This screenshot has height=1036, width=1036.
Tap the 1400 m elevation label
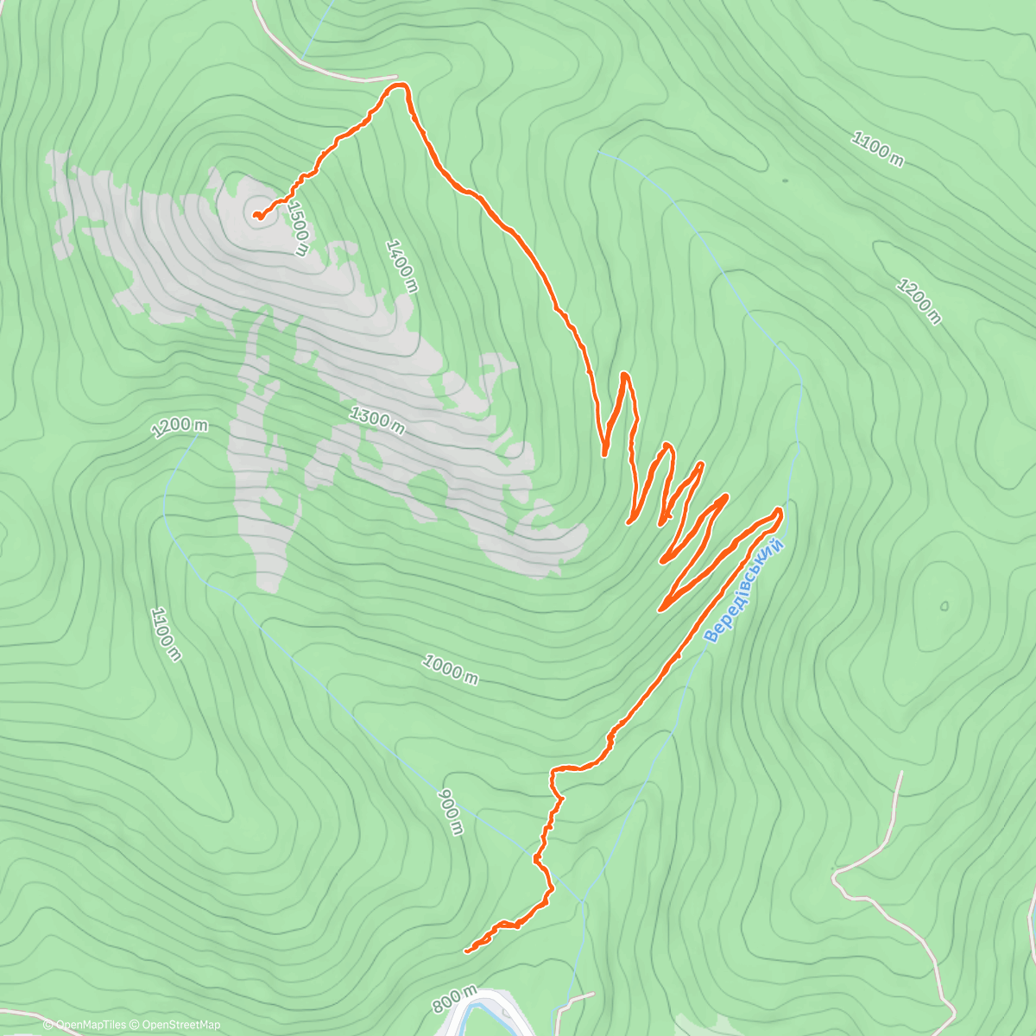pyautogui.click(x=401, y=266)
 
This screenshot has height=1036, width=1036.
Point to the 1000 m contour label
pyautogui.click(x=450, y=669)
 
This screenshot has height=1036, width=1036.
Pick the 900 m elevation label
pyautogui.click(x=451, y=812)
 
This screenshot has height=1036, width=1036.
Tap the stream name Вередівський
pyautogui.click(x=744, y=591)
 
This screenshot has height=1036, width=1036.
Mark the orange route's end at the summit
pyautogui.click(x=256, y=215)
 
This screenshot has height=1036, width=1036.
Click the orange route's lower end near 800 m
pyautogui.click(x=467, y=951)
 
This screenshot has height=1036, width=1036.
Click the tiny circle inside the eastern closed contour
pyautogui.click(x=944, y=605)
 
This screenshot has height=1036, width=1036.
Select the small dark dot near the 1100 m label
pyautogui.click(x=785, y=180)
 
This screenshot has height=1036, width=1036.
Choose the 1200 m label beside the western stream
pyautogui.click(x=180, y=427)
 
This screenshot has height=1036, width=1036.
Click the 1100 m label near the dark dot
pyautogui.click(x=877, y=149)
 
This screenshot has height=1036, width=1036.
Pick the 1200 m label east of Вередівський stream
pyautogui.click(x=919, y=300)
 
